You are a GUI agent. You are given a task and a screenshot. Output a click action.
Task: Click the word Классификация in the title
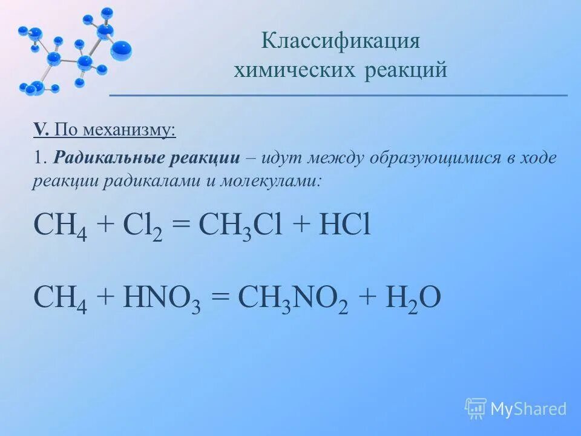[341, 42]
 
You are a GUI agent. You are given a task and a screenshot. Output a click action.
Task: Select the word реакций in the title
[406, 70]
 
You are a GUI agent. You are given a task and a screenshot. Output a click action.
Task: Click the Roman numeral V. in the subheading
[41, 130]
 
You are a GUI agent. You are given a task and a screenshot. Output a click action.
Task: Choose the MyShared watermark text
[528, 409]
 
